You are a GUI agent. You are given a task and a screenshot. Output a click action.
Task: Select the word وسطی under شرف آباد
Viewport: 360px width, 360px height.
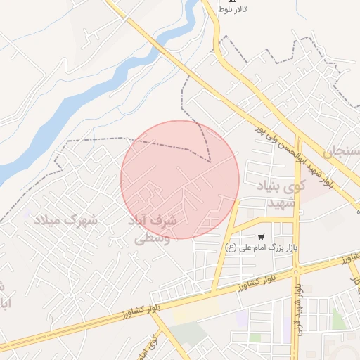coord(152,238)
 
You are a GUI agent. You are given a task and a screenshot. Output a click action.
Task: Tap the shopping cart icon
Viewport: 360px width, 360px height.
coord(262,237)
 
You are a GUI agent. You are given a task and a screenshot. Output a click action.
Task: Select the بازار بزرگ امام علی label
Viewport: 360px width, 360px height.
coord(268,247)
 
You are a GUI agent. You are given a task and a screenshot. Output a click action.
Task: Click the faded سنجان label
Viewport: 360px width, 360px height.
coord(343,151)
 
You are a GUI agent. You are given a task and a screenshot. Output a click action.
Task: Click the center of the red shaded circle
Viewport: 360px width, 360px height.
coord(180,179)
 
